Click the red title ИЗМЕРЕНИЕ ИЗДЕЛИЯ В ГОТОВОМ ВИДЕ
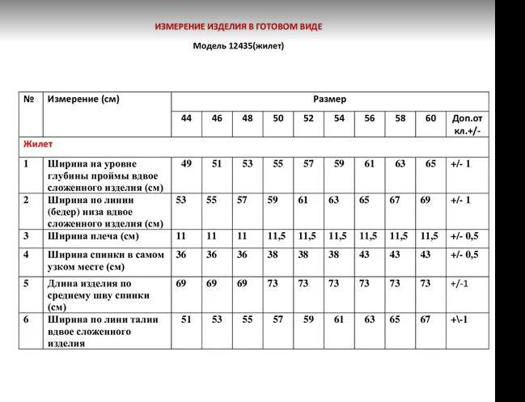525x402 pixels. pos(238,27)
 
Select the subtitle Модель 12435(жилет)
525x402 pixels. pos(238,45)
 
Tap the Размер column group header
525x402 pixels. pos(329,99)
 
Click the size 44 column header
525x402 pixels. pos(186,118)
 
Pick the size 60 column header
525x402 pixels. pos(430,118)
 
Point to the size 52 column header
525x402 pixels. pos(308,118)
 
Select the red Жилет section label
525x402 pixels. pos(39,144)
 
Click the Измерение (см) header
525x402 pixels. pos(83,99)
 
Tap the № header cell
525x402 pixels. pos(29,99)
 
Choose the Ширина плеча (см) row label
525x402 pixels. pos(92,236)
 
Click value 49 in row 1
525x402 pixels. pos(186,163)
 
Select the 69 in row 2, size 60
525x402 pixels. pos(425,199)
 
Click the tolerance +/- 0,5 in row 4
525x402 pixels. pos(464,254)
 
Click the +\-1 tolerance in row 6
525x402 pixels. pos(460,319)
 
